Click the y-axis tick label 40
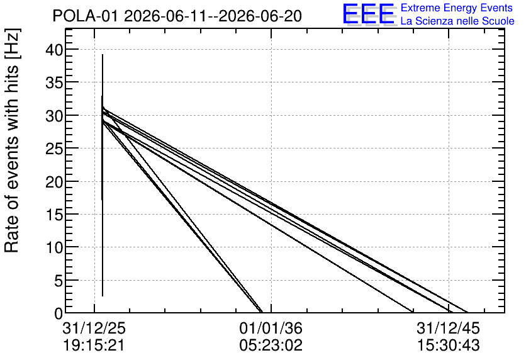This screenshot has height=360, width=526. tap(54, 50)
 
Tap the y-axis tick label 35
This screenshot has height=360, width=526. tap(54, 83)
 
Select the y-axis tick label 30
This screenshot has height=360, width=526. tap(54, 116)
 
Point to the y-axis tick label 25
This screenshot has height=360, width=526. tap(54, 149)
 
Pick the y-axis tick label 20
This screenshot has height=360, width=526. tap(54, 182)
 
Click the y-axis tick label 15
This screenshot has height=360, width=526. tap(54, 215)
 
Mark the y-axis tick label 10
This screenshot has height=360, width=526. tap(54, 247)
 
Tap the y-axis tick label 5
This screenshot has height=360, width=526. tap(59, 281)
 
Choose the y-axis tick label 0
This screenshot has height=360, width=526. tap(59, 313)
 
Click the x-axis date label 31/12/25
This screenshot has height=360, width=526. tap(94, 328)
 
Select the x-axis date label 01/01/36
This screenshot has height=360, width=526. tap(271, 328)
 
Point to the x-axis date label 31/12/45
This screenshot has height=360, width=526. tap(449, 328)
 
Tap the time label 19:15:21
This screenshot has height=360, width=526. tap(94, 346)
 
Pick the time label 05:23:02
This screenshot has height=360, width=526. tap(271, 346)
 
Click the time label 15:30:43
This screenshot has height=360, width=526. tap(449, 346)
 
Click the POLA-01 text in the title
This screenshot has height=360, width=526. tap(86, 16)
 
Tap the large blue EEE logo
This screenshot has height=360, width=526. tap(369, 14)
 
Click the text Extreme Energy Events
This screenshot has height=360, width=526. tap(457, 8)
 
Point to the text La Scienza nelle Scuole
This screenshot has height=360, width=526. tap(457, 21)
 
